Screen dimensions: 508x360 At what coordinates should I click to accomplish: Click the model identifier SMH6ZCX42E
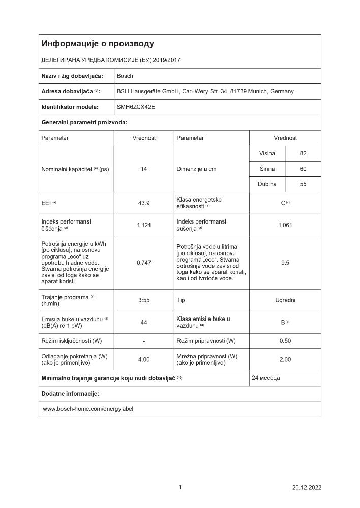136,107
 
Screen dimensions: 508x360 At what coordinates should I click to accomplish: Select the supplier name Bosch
125,76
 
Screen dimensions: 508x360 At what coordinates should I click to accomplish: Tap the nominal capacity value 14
144,169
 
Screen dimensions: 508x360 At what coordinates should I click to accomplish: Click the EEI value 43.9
144,203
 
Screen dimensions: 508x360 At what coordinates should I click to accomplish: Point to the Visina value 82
303,153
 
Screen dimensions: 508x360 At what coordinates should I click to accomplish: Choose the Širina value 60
303,169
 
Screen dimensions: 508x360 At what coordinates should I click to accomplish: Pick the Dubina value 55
303,184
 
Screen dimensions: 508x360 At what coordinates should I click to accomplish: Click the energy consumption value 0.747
144,263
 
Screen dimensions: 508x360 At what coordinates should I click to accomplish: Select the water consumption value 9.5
285,263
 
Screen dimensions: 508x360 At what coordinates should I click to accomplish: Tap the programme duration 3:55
144,300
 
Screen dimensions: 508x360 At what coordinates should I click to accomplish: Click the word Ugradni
285,300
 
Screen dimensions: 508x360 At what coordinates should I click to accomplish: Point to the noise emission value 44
144,322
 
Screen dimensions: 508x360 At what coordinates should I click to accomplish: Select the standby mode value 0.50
285,340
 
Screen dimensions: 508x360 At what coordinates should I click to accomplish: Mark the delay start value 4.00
144,359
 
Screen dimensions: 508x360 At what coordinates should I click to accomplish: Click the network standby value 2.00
285,359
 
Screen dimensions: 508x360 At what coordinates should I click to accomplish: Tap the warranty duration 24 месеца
266,378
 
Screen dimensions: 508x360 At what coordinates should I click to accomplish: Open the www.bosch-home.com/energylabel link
88,408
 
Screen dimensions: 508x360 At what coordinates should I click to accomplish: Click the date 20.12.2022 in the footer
307,487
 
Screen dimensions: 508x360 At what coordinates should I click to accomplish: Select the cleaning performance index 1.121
144,225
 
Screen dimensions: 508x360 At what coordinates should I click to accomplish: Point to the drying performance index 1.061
285,225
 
